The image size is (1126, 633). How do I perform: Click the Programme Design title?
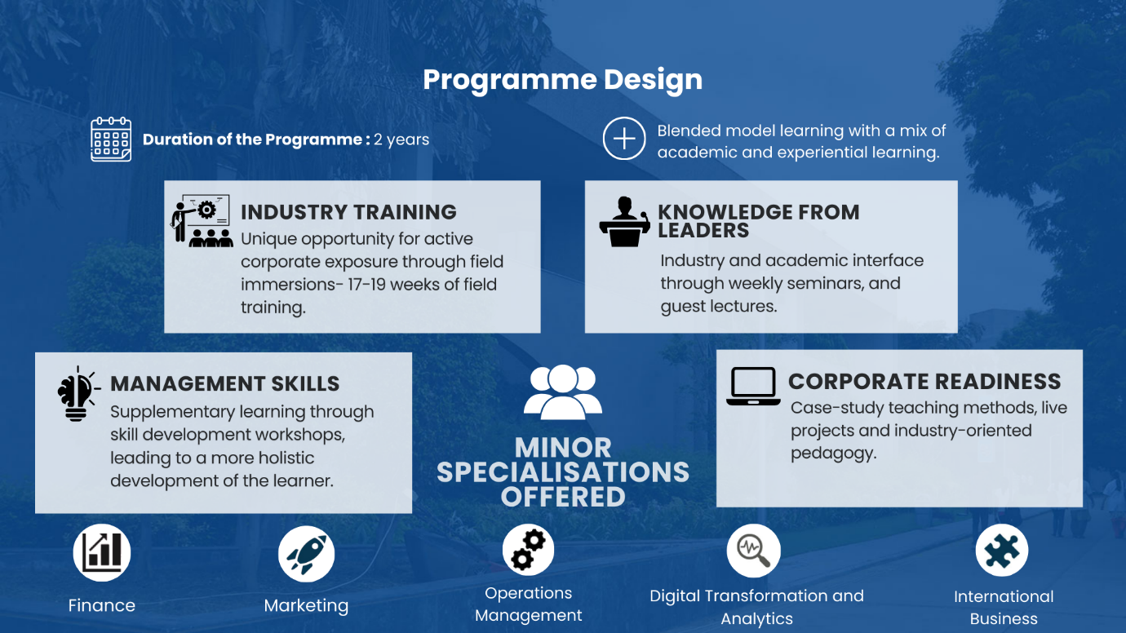562,80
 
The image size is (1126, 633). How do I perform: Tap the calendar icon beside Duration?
111,139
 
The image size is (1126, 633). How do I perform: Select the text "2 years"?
401,139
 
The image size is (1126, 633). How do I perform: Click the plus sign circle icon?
624,139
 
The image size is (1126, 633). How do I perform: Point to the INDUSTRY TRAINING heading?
348,212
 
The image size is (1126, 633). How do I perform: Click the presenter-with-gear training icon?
202,220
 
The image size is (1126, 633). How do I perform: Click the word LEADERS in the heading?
703,231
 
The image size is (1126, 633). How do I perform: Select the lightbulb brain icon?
78,393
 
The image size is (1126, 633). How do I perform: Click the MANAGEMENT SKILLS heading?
224,384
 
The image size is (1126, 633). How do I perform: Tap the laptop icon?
753,386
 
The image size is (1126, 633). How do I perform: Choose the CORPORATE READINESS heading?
924,381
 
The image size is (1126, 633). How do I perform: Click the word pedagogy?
833,454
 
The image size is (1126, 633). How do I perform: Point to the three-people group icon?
562,392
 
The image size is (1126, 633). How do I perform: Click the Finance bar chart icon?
102,552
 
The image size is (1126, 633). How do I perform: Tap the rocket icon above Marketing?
306,554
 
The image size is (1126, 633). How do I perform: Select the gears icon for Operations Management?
528,550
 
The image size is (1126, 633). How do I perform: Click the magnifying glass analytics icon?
753,551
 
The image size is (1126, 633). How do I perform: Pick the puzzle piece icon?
1002,550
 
